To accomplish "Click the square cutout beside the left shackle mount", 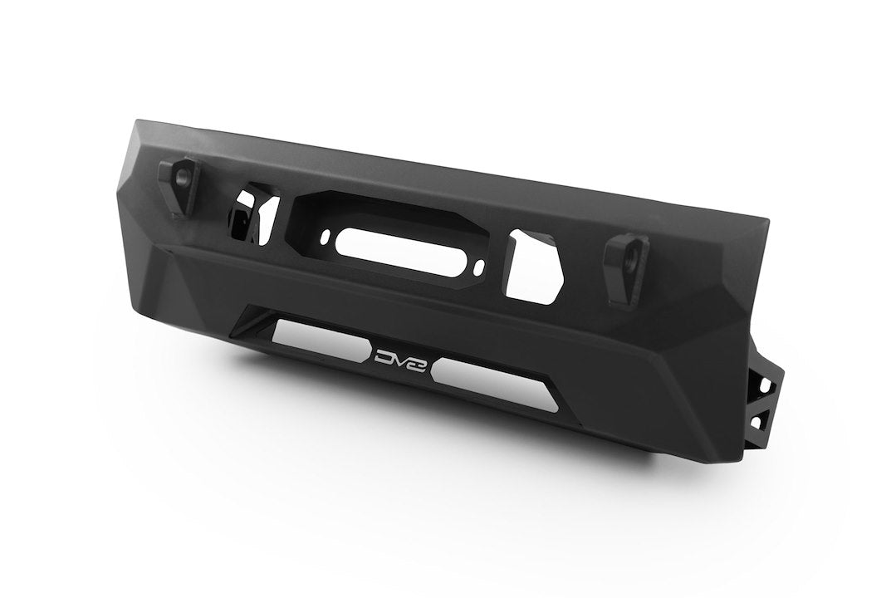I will pyautogui.click(x=247, y=213).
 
